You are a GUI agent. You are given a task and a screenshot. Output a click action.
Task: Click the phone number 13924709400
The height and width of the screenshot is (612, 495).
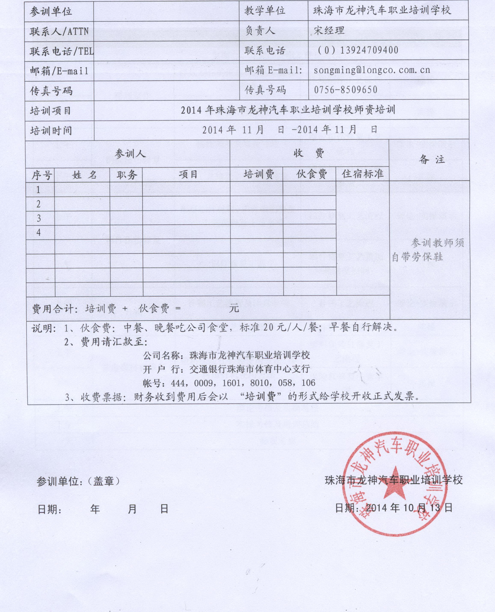pyautogui.click(x=369, y=50)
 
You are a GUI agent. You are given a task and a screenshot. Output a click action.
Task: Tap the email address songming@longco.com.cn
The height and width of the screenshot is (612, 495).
pyautogui.click(x=372, y=70)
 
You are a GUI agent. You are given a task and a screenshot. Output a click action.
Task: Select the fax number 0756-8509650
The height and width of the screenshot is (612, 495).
pyautogui.click(x=346, y=90)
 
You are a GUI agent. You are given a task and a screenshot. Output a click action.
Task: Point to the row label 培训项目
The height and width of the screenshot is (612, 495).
pyautogui.click(x=50, y=111)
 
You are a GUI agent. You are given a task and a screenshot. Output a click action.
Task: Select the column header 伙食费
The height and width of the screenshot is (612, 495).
pyautogui.click(x=311, y=174)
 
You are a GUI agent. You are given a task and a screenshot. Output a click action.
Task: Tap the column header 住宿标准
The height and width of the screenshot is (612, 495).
pyautogui.click(x=363, y=174)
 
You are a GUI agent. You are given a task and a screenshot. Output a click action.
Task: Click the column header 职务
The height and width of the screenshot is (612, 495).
pyautogui.click(x=127, y=175)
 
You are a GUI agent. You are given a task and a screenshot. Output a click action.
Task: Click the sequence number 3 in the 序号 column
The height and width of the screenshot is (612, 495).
pyautogui.click(x=39, y=218)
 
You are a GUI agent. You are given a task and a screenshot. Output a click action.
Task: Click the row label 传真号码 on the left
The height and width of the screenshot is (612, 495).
pyautogui.click(x=51, y=91)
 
